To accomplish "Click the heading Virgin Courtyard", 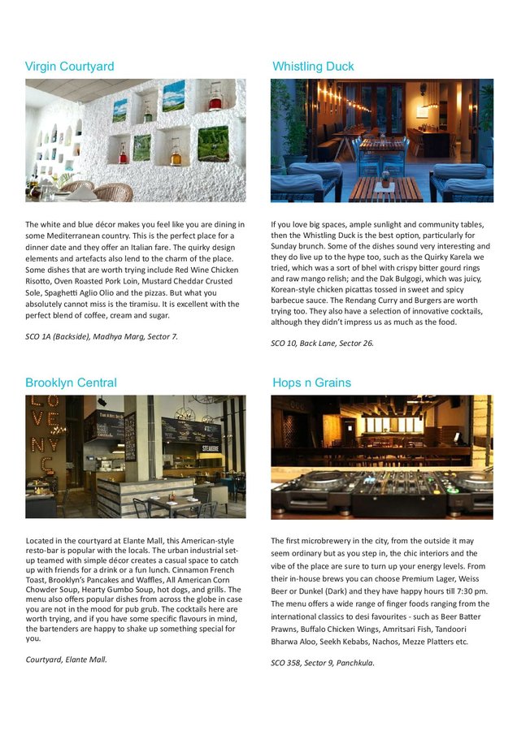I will [69, 66].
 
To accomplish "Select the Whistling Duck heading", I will [313, 66].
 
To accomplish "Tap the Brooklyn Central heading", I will [71, 383].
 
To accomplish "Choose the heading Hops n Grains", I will [312, 383].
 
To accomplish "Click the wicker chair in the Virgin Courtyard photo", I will [113, 191].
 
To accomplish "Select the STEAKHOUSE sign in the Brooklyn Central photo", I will [209, 447].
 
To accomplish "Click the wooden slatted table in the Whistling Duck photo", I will [386, 189].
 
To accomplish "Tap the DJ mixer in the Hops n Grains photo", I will [382, 492].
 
